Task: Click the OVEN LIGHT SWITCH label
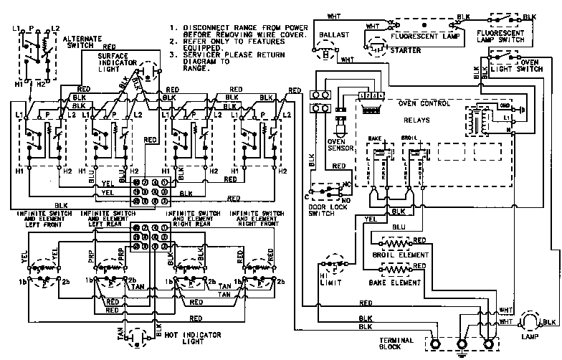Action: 523,69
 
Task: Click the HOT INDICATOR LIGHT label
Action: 182,339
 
